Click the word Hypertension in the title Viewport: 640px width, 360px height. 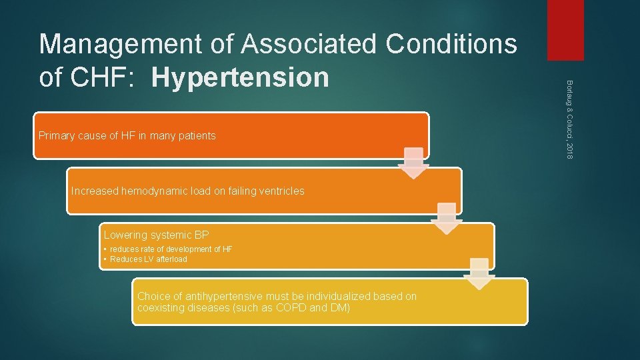(240, 77)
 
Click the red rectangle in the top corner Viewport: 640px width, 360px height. (565, 30)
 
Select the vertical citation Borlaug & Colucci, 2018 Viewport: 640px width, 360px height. (569, 119)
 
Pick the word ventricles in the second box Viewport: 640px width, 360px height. (280, 191)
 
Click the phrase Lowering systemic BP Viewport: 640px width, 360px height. (156, 235)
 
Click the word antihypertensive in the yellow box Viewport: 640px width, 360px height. (221, 297)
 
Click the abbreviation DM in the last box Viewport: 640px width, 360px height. (336, 308)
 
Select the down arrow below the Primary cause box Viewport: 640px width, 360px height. (413, 162)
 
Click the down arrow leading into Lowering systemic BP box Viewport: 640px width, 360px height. (446, 217)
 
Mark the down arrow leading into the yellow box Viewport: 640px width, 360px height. (479, 273)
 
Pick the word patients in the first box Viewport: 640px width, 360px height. (196, 136)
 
